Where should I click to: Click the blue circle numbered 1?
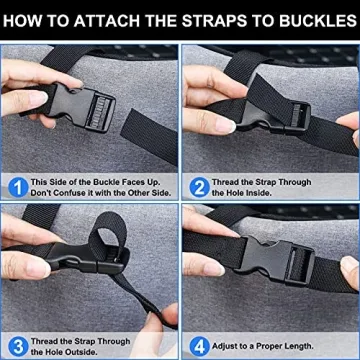pyautogui.click(x=18, y=188)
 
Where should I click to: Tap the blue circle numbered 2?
pyautogui.click(x=200, y=188)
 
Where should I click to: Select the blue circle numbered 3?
pyautogui.click(x=18, y=347)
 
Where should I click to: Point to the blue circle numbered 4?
pyautogui.click(x=200, y=347)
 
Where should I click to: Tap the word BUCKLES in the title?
pyautogui.click(x=318, y=21)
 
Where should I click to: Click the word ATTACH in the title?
pyautogui.click(x=107, y=21)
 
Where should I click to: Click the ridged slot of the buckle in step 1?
pyautogui.click(x=100, y=111)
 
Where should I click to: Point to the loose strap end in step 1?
pyautogui.click(x=149, y=136)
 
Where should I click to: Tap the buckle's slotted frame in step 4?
pyautogui.click(x=300, y=266)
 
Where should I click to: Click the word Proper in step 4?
pyautogui.click(x=263, y=346)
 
